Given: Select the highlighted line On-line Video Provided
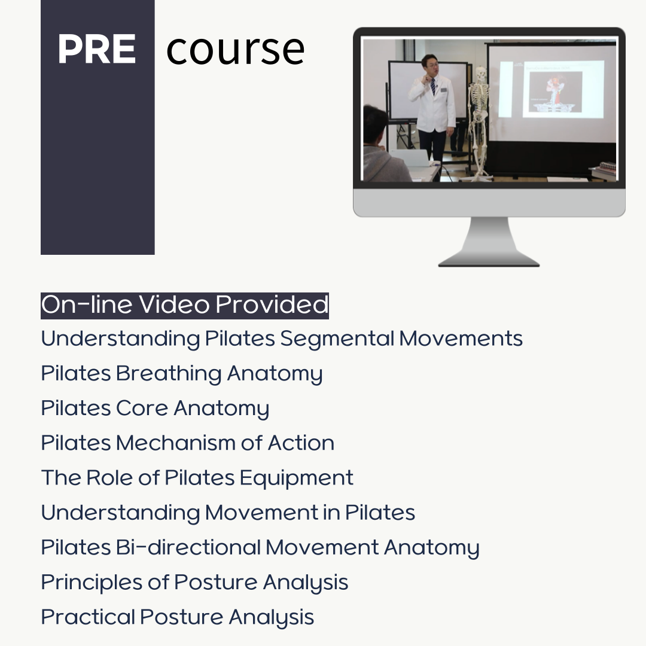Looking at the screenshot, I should [185, 305].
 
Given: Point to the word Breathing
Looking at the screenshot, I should [169, 374].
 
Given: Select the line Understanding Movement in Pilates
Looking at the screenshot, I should [228, 513].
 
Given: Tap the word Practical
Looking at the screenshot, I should [88, 617].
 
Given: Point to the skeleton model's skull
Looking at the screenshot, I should [479, 74].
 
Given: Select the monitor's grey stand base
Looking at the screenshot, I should [489, 261].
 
